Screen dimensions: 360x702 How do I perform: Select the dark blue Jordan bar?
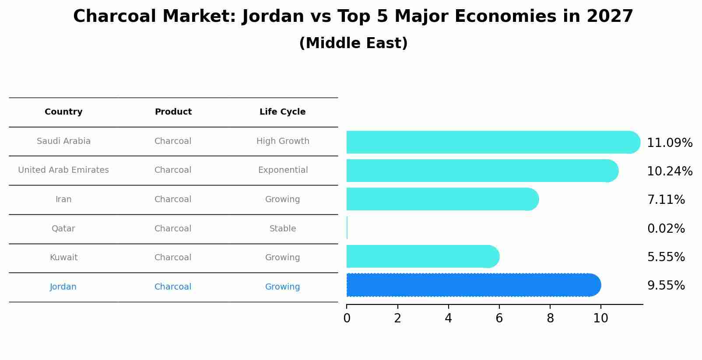click(x=473, y=285)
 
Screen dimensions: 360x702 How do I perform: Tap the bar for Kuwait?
click(x=422, y=256)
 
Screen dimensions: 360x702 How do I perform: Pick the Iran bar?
click(x=442, y=199)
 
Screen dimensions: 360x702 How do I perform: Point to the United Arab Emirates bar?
click(x=481, y=171)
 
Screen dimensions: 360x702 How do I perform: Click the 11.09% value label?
click(x=670, y=143)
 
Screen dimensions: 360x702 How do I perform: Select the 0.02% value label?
click(x=666, y=228)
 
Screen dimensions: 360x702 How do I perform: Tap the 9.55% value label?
click(x=666, y=286)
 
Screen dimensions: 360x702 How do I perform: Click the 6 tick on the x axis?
click(x=499, y=318)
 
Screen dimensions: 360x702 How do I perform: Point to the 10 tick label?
click(x=600, y=318)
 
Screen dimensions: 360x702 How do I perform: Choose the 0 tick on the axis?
click(x=347, y=318)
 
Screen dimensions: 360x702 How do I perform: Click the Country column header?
click(x=63, y=112)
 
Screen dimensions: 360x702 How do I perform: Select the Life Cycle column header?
click(x=282, y=112)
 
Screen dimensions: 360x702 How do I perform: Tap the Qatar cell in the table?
click(x=63, y=228)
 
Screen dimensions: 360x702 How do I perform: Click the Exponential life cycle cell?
click(x=283, y=170)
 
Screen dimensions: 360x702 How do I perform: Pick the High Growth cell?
click(x=283, y=141)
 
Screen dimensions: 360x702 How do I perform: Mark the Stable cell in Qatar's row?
click(x=283, y=228)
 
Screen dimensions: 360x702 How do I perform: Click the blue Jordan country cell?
click(x=63, y=287)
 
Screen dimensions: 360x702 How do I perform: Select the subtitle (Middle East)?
click(x=353, y=43)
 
